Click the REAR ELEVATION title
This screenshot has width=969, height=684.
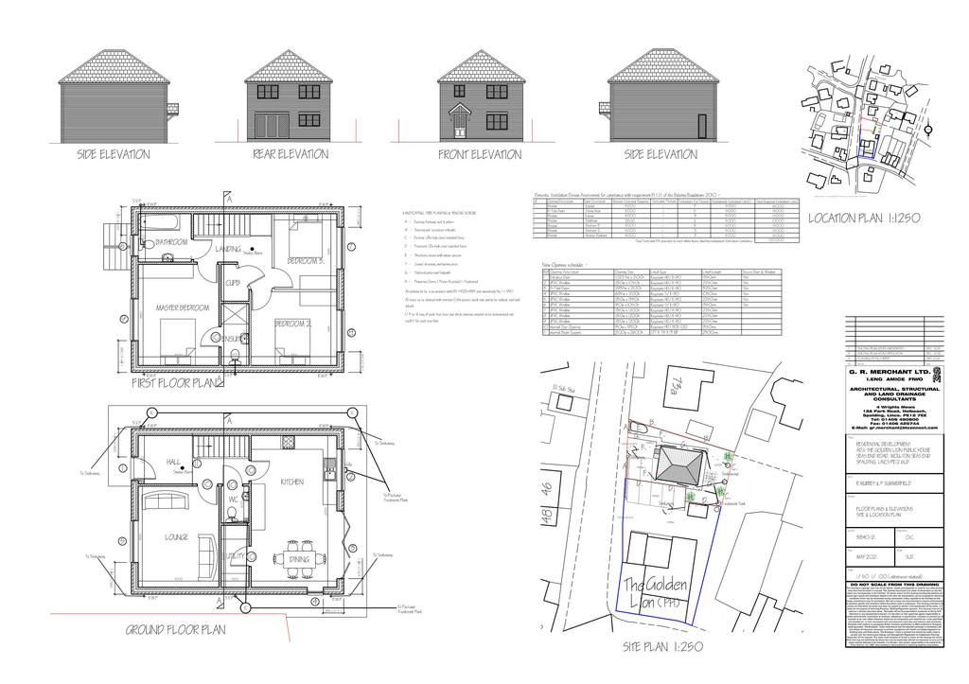pyautogui.click(x=290, y=154)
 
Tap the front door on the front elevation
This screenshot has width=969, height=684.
pyautogui.click(x=461, y=124)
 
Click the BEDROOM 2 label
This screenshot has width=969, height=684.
pyautogui.click(x=292, y=323)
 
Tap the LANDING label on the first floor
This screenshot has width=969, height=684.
pyautogui.click(x=229, y=249)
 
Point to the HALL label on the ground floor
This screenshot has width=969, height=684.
pyautogui.click(x=173, y=462)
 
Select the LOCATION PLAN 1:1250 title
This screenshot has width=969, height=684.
pyautogui.click(x=863, y=219)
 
